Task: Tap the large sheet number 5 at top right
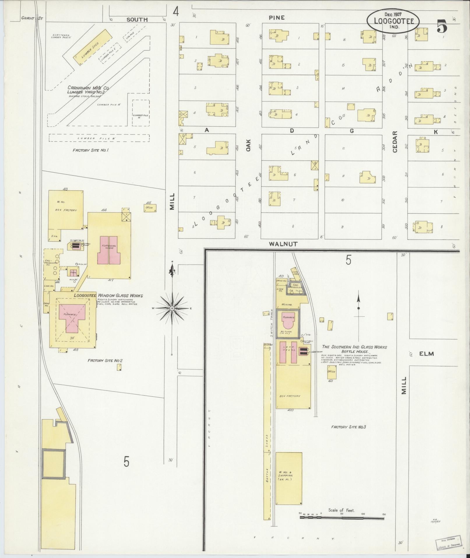(442, 27)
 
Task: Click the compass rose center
(172, 308)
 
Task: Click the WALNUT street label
(283, 244)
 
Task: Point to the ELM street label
(427, 354)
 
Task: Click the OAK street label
(248, 145)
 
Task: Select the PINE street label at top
(277, 18)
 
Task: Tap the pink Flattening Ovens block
(109, 250)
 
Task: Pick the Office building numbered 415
(150, 208)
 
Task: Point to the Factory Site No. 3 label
(348, 427)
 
